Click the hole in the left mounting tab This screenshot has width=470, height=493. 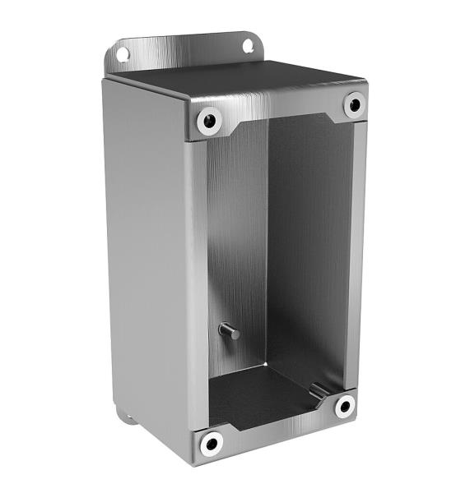(x=123, y=54)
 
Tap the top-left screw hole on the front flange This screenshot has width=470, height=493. (x=209, y=122)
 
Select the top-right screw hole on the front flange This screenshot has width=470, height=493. (x=354, y=104)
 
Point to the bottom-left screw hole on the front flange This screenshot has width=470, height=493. (x=212, y=445)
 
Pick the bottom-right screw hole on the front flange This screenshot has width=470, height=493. (x=344, y=405)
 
